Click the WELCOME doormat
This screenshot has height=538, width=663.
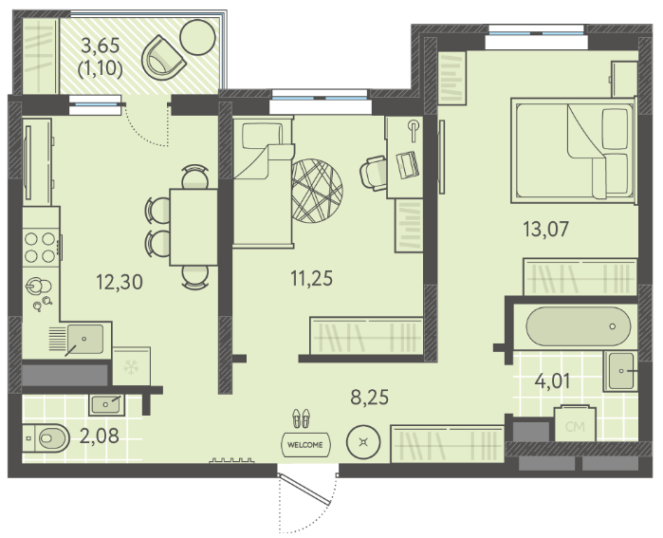point(305,445)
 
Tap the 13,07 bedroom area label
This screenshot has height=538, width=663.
point(546,230)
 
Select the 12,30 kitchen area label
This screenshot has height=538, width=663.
point(120,282)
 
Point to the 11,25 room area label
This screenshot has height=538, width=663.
point(312,278)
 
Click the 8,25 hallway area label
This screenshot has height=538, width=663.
point(370,398)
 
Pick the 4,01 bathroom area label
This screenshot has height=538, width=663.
point(553,380)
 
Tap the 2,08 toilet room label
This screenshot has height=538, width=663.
point(100,436)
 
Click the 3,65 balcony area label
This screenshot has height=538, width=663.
point(101,46)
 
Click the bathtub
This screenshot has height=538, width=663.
point(578,326)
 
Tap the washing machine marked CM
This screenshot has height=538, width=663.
point(575,424)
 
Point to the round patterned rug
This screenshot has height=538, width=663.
point(317,191)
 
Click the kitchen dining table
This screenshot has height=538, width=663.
point(193,227)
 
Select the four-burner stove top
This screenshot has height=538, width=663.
point(41,247)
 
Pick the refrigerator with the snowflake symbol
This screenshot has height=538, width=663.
point(131,366)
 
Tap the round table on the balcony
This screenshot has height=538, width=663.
point(198,37)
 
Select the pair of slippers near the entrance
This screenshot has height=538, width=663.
point(301,417)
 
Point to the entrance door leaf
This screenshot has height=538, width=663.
point(304,490)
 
